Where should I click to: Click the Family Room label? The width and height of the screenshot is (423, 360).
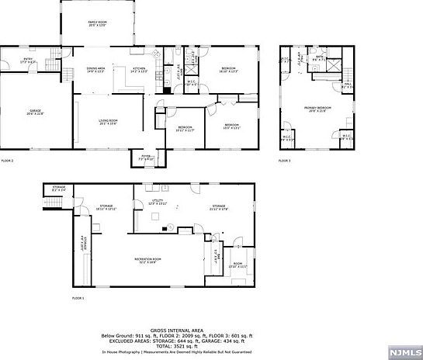pos(97,23)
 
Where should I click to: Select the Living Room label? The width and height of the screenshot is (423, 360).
pos(107,121)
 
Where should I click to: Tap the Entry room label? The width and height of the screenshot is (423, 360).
pos(27,61)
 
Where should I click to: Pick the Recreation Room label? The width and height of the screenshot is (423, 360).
pos(147,259)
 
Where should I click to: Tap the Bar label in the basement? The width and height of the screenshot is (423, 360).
pos(219,255)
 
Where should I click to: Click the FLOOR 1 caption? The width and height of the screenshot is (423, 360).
pos(78,298)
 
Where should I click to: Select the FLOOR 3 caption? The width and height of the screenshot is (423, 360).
pos(284,161)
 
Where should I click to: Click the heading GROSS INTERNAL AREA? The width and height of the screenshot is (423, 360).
pos(211,330)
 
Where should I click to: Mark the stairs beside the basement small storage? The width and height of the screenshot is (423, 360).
pos(52,202)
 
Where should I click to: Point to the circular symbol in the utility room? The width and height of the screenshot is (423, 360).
pos(163,228)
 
